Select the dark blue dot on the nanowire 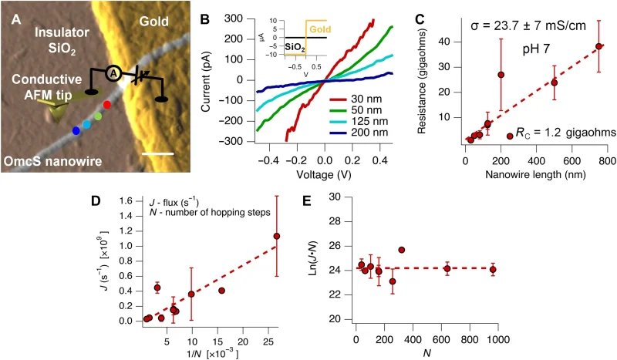tap(76, 131)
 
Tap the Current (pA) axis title tap(207, 79)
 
